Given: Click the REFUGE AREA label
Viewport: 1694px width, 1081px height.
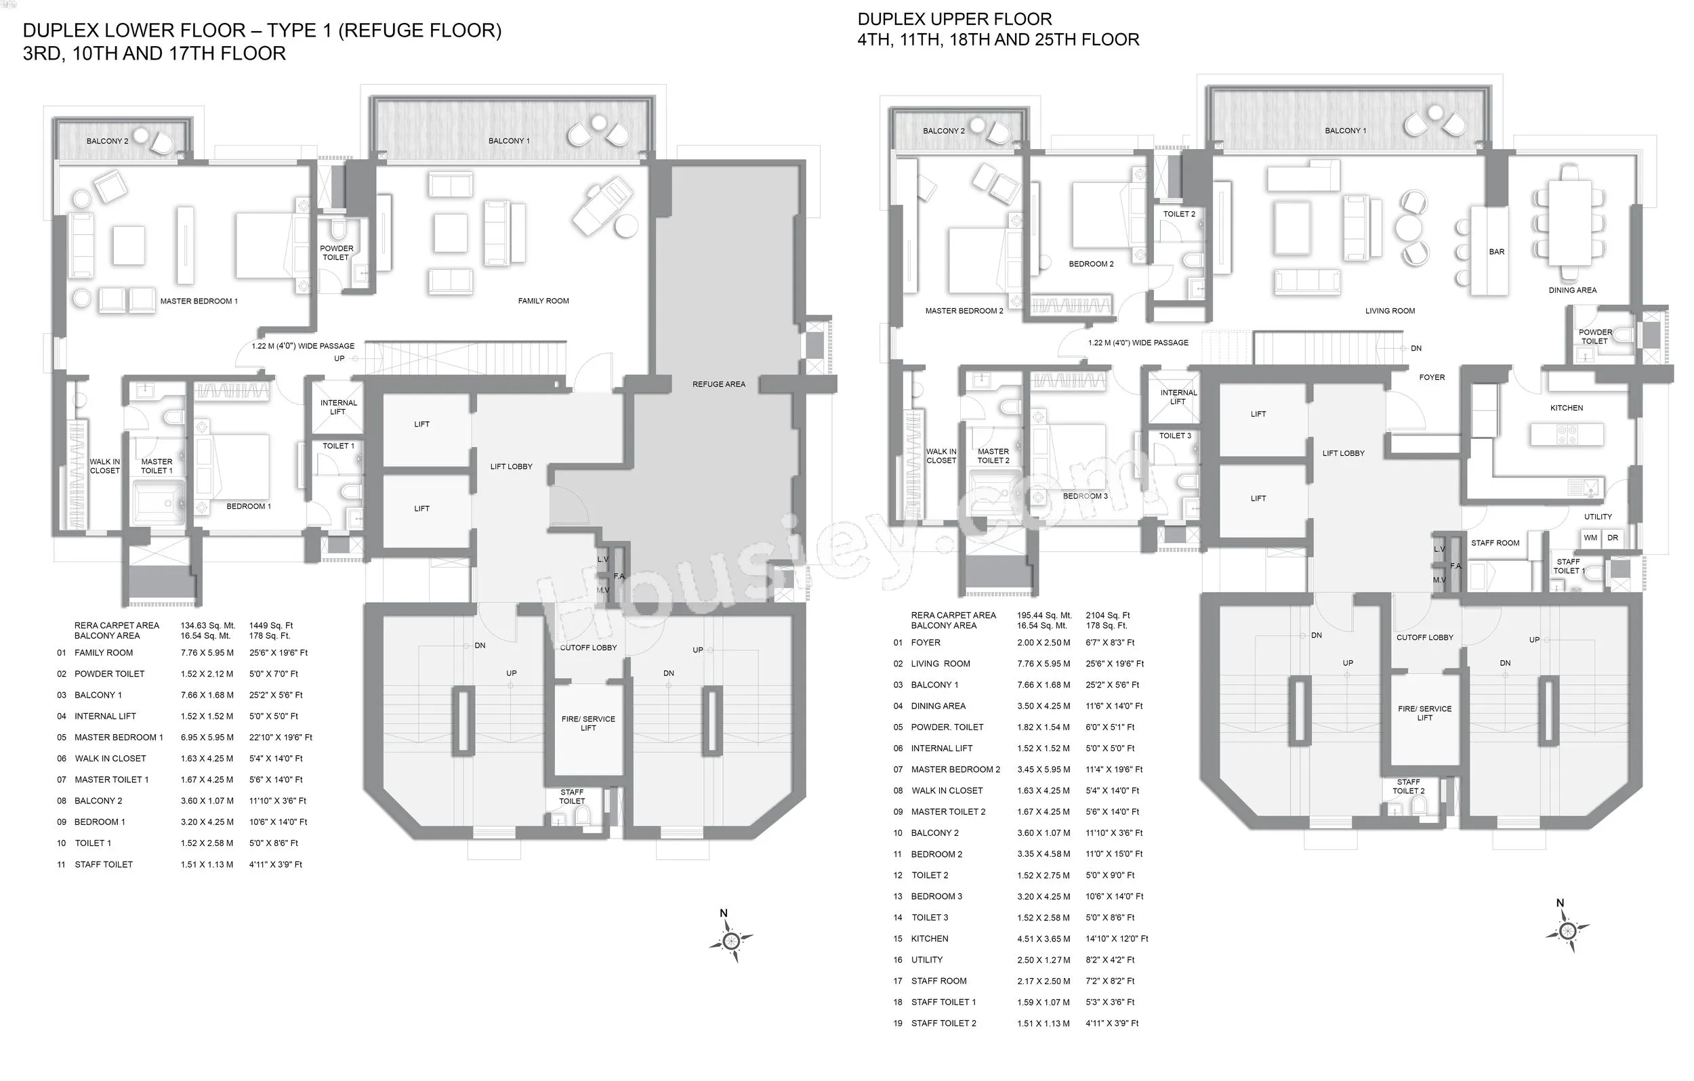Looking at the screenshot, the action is point(718,384).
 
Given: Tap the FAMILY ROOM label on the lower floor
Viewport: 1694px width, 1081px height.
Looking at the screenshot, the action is point(543,301).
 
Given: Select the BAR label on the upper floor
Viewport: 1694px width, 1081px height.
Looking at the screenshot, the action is point(1496,252).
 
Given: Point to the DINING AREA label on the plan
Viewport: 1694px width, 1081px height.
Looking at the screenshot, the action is point(1572,291).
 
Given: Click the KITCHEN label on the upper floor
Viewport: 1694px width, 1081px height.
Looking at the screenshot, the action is point(1567,408).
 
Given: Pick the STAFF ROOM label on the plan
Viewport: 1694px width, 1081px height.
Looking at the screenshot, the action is point(1495,543).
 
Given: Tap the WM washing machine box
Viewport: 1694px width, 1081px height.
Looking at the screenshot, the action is point(1590,538).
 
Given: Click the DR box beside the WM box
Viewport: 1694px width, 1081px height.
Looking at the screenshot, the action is point(1613,538).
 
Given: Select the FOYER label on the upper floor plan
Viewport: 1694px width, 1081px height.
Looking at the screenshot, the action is point(1432,378).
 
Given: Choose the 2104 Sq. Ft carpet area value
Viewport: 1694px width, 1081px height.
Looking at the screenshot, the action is point(1107,616).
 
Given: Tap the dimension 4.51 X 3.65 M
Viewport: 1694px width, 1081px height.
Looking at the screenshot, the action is point(1044,939).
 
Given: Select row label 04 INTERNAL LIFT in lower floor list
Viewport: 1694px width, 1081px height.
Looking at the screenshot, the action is point(96,717).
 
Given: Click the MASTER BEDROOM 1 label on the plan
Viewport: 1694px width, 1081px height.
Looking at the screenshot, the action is point(199,301).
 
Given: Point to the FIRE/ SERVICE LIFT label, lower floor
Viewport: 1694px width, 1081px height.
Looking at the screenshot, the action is point(588,723).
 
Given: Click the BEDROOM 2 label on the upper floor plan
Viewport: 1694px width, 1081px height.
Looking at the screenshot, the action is point(1091,264).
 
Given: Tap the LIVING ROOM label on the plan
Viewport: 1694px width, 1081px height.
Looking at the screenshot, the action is point(1389,311).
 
